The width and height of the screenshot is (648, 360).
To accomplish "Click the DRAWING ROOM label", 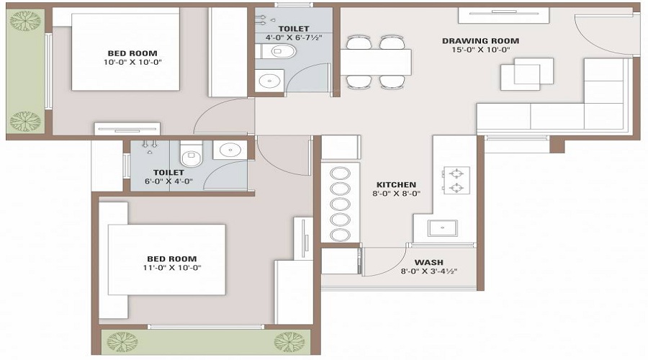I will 480,41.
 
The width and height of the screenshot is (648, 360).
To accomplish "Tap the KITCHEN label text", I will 395,184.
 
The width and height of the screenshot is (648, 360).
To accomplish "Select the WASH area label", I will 428,262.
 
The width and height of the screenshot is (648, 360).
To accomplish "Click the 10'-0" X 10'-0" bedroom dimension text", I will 132,63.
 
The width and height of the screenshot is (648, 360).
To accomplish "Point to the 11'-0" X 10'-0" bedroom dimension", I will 171,268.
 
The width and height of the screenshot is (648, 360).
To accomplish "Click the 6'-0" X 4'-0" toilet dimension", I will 168,182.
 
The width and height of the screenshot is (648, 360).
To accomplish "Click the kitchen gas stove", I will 455,181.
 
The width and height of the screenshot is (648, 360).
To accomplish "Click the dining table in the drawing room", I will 376,62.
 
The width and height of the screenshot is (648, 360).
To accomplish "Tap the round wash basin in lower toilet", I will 228,150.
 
